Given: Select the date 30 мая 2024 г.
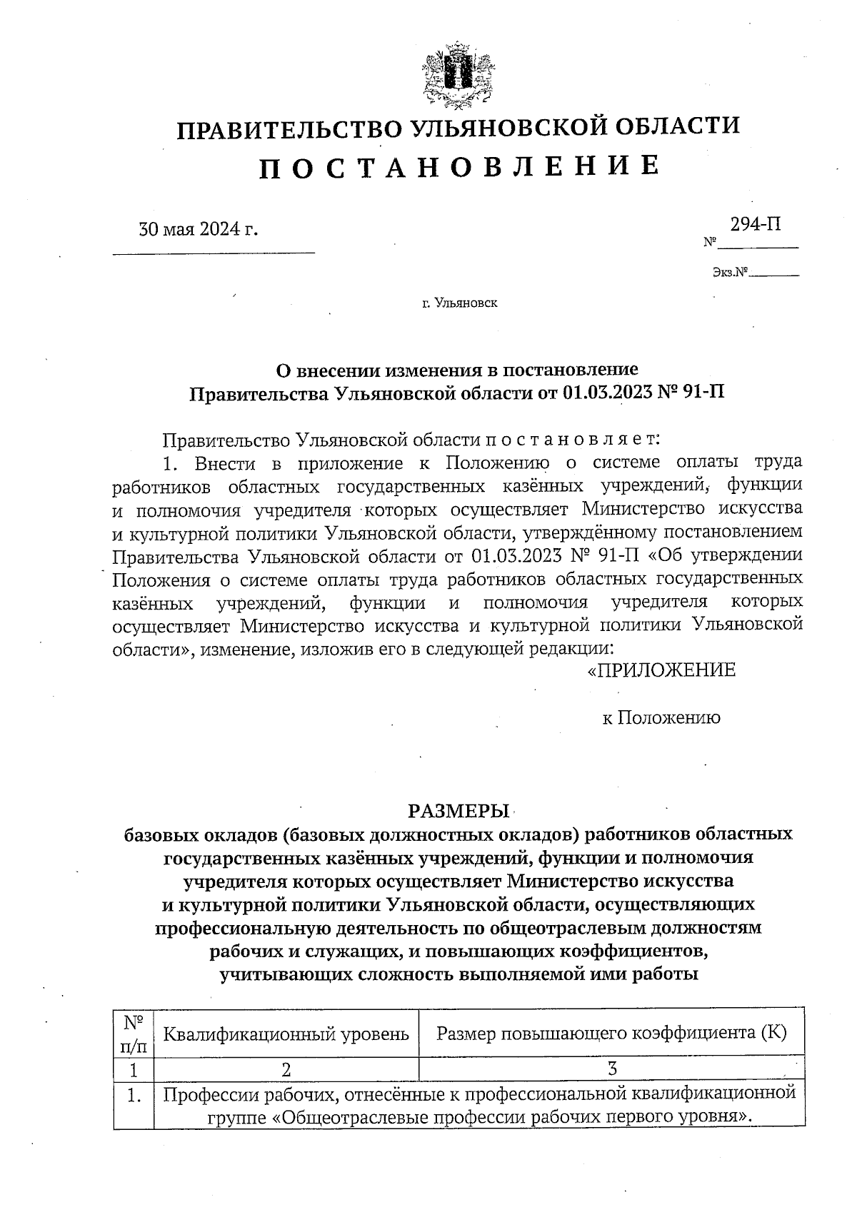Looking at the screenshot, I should (x=198, y=229).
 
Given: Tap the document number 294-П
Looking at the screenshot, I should (x=755, y=224).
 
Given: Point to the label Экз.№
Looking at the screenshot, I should (x=729, y=272).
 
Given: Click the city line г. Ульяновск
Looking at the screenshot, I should (x=459, y=303).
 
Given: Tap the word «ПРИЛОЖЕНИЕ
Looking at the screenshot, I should (x=661, y=670).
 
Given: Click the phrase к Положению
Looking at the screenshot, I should (x=661, y=717).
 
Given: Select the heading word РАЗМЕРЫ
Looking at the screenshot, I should (x=458, y=811).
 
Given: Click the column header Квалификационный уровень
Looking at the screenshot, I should (x=286, y=1033).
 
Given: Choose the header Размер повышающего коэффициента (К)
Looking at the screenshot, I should (x=611, y=1032).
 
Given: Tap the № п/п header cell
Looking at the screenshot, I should (x=134, y=1033).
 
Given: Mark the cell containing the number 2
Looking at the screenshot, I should (x=286, y=1069).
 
